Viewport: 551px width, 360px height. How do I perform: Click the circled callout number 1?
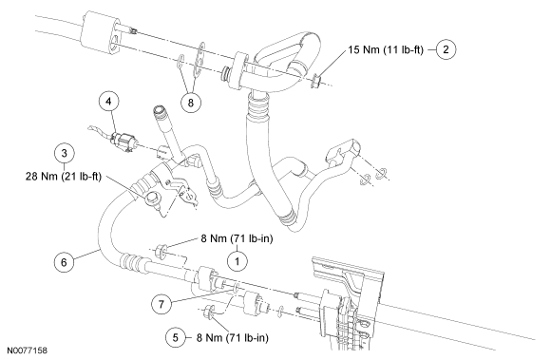237,261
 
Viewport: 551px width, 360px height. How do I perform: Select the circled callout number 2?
446,49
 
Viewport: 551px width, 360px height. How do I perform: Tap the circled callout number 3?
64,153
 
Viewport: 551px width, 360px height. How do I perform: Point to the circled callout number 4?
108,101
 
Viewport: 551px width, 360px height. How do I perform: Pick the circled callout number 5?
176,338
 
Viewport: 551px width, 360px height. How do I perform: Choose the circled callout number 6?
64,262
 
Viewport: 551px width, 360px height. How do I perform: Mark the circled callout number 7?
161,304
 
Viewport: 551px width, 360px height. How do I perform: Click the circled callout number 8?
190,103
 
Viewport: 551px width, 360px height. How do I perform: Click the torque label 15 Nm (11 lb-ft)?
386,50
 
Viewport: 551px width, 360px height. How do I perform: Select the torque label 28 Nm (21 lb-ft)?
64,177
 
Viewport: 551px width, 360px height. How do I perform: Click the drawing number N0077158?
27,351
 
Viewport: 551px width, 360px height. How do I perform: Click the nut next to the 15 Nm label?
315,81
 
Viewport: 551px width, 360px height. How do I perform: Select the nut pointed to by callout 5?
209,312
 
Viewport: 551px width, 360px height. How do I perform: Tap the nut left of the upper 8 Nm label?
161,251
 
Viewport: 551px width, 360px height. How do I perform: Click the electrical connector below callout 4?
122,142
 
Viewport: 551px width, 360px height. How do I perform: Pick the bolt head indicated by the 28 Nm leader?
153,199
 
